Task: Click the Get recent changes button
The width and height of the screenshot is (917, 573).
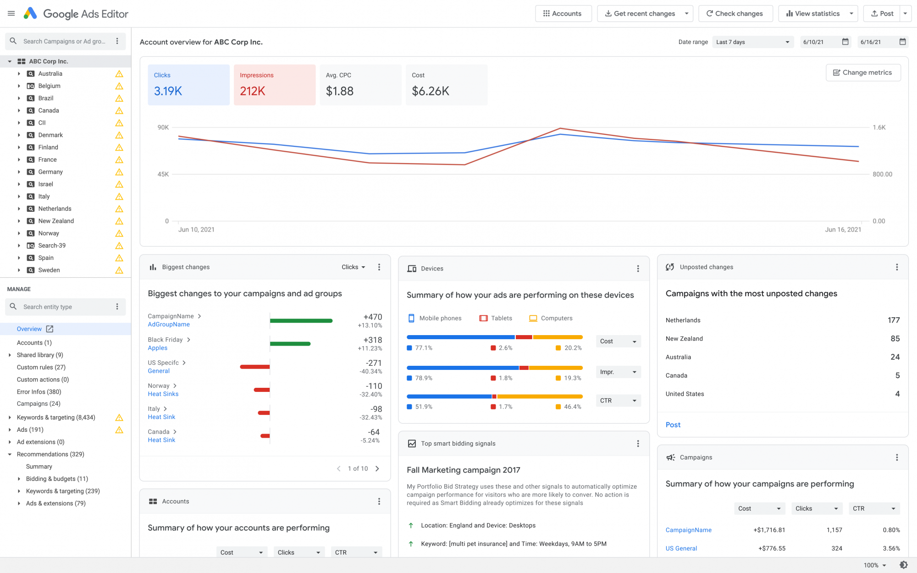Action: coord(640,14)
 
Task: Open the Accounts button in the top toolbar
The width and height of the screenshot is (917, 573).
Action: coord(563,14)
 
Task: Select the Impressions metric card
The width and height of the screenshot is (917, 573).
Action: coord(274,85)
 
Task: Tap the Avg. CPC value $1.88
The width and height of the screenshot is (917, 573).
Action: coord(339,91)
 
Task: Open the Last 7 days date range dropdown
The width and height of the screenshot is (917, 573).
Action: coord(752,42)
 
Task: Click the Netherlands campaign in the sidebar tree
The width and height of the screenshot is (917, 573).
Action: coord(55,209)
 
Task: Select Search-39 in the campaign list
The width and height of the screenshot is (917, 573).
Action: coord(52,246)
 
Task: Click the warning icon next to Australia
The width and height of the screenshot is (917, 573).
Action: coord(119,74)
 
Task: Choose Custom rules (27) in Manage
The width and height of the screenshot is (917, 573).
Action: coord(41,367)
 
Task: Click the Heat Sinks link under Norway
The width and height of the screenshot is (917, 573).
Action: coord(163,394)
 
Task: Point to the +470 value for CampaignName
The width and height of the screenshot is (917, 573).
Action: coord(372,317)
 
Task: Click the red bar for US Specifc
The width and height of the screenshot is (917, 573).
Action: coord(254,367)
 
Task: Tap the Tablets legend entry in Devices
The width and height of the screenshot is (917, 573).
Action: coord(496,318)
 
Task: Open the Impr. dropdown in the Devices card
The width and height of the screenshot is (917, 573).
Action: coord(618,372)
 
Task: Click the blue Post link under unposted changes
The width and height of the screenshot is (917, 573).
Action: coord(673,425)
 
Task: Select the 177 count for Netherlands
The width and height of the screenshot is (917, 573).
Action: coord(893,320)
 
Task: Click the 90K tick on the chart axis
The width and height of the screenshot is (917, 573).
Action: coord(163,127)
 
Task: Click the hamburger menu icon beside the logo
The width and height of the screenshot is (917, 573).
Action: coord(11,14)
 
